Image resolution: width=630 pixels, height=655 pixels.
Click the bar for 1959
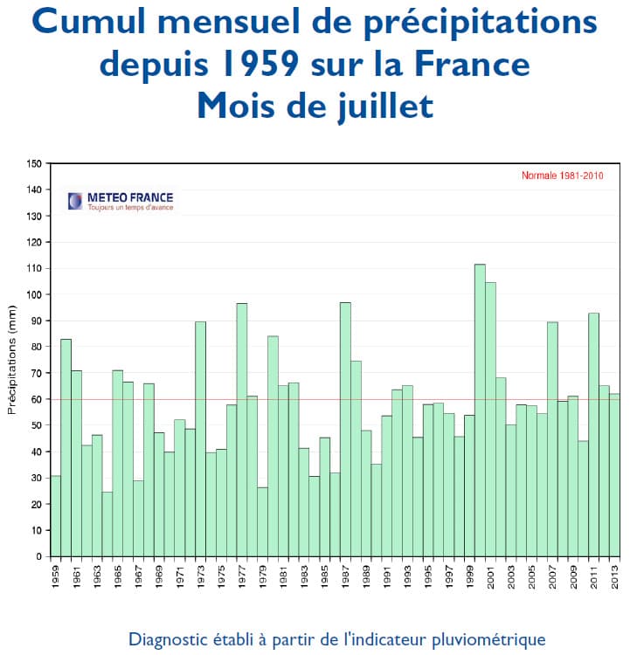pyautogui.click(x=56, y=515)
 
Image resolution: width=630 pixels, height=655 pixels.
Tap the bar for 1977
pyautogui.click(x=241, y=429)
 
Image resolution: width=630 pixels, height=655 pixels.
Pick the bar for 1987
pyautogui.click(x=345, y=429)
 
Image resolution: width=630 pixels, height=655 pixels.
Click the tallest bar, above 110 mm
pyautogui.click(x=480, y=410)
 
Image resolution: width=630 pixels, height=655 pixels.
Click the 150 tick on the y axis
pyautogui.click(x=35, y=163)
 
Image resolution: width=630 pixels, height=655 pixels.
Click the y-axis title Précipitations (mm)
pyautogui.click(x=12, y=359)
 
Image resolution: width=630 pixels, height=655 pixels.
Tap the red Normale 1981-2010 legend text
pyautogui.click(x=562, y=176)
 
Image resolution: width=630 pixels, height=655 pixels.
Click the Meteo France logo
pyautogui.click(x=121, y=201)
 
